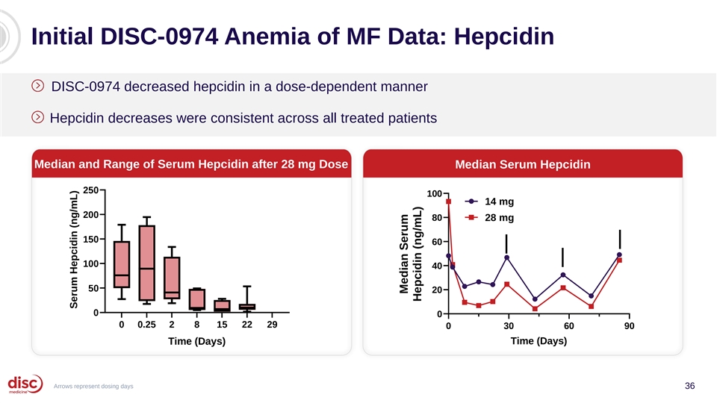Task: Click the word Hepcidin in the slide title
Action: (x=504, y=37)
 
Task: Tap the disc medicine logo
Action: (x=25, y=384)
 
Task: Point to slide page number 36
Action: (x=689, y=386)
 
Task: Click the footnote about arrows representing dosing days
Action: (x=93, y=386)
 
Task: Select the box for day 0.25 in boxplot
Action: (x=147, y=263)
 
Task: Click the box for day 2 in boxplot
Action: (x=172, y=278)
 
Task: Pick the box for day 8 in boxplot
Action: (x=196, y=299)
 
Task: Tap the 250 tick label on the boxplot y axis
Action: (x=90, y=190)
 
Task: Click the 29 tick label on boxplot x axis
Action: (x=272, y=325)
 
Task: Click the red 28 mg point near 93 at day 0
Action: (x=449, y=201)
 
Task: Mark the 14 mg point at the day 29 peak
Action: (x=506, y=257)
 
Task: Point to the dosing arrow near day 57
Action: (x=562, y=257)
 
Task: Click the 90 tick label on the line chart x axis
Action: (x=629, y=326)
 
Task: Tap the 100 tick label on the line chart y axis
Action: (x=435, y=194)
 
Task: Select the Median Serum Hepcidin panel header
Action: (x=523, y=164)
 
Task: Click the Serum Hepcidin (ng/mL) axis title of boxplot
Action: (x=74, y=249)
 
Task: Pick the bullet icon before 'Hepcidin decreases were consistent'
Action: (x=37, y=117)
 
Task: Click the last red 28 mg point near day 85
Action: (x=620, y=260)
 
